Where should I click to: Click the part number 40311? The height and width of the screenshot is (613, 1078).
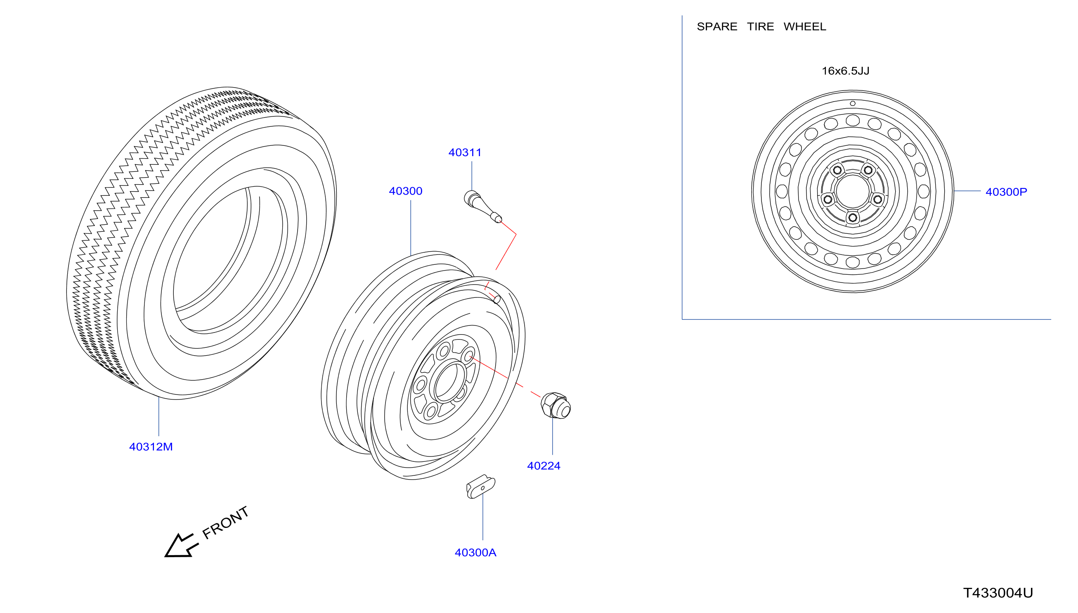coord(465,152)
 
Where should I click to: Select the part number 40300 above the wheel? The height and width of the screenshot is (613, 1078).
coord(405,191)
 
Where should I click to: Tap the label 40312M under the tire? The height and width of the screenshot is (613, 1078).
coord(151,447)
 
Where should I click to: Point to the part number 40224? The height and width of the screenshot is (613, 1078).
coord(544,466)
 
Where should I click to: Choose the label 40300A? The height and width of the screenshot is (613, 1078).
coord(475,553)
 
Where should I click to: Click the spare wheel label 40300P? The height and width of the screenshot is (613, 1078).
coord(1006,192)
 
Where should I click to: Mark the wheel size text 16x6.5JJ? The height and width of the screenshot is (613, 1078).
coord(845,71)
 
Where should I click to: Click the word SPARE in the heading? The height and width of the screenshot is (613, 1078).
coord(717,26)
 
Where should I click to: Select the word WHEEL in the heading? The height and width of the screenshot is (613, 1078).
coord(805,26)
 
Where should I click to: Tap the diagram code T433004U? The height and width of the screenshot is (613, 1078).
coord(998,593)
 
